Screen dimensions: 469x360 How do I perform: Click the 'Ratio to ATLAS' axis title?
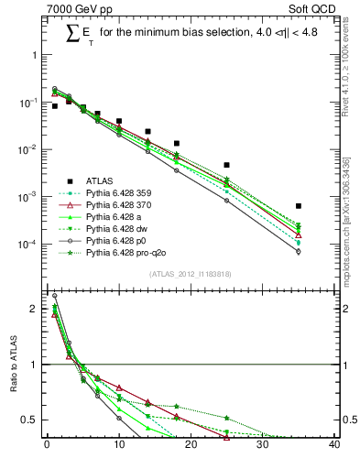[x=14, y=366]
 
